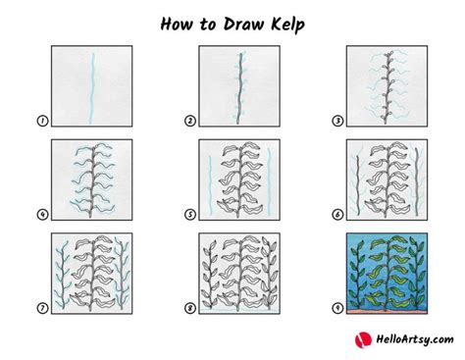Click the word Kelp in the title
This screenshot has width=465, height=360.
[x=287, y=25]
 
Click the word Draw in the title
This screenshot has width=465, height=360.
[x=243, y=24]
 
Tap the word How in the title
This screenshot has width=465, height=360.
[x=176, y=24]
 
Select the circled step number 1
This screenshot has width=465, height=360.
[x=42, y=121]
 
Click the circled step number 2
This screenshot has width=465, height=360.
[x=190, y=121]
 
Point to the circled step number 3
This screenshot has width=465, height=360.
[x=337, y=121]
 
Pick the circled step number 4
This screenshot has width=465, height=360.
[x=42, y=215]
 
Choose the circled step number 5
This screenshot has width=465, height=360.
[x=190, y=215]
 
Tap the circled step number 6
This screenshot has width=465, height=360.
[x=337, y=215]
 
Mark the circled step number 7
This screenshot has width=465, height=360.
[x=42, y=308]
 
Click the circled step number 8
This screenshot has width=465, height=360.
[x=190, y=308]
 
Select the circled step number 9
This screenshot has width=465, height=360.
[x=337, y=308]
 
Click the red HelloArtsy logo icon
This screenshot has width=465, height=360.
[x=363, y=339]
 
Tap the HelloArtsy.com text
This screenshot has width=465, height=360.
[x=414, y=339]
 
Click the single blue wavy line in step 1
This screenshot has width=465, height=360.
[x=92, y=88]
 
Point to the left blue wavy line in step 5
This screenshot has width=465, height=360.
[x=210, y=185]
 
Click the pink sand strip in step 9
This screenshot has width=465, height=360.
[x=387, y=312]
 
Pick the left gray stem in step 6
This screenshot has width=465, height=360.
[x=358, y=185]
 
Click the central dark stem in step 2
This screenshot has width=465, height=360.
[x=239, y=88]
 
